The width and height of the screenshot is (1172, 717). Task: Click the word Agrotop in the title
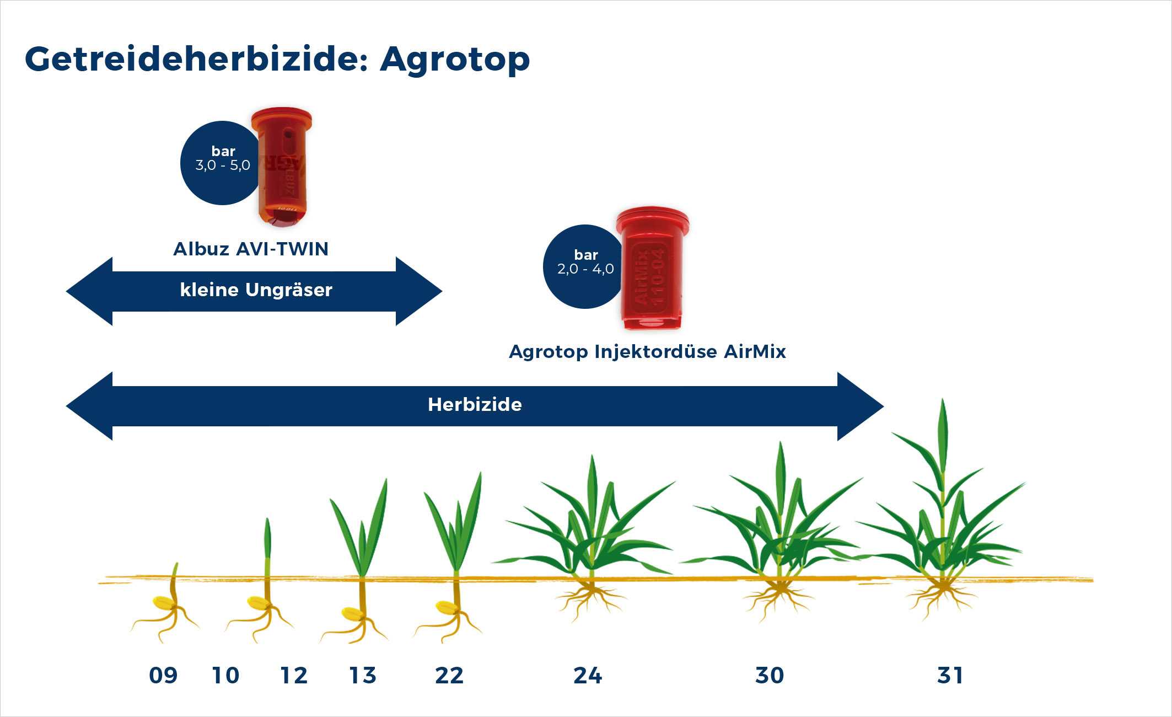455,60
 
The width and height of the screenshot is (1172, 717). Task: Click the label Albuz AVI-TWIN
251,249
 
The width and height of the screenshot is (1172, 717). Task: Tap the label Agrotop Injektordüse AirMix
647,351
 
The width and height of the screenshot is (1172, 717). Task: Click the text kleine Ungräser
256,290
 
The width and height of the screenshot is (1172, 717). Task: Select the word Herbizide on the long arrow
475,405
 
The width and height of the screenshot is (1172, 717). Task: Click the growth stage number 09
163,676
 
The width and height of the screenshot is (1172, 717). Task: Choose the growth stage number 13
363,676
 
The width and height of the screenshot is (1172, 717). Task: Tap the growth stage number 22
449,676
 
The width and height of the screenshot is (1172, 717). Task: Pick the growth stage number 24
588,676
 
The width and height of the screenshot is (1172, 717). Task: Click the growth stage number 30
770,676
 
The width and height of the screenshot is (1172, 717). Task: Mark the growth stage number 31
950,676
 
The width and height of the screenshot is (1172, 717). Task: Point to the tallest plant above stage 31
943,496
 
